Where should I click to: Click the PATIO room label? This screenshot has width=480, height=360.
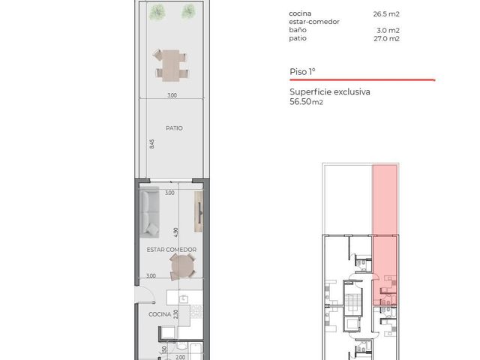click(174, 128)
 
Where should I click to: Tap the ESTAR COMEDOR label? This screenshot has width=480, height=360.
click(172, 250)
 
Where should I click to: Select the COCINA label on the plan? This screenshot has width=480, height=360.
click(160, 314)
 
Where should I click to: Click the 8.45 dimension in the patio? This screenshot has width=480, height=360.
click(152, 144)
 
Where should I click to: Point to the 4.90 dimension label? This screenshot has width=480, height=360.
click(175, 232)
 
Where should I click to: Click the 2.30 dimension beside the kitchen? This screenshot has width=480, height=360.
click(175, 314)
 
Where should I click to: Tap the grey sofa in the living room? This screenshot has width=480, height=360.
click(149, 212)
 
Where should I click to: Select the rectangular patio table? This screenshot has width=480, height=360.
click(171, 65)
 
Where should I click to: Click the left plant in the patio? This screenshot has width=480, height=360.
click(157, 12)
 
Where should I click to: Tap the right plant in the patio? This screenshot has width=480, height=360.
click(188, 12)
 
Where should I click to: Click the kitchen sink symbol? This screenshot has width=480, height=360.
click(183, 298)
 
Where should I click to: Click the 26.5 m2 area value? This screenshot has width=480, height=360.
click(386, 14)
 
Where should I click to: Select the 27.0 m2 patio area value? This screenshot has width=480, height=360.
click(386, 38)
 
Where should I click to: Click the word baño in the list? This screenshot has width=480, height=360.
click(298, 30)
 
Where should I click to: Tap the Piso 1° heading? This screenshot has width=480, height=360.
click(302, 72)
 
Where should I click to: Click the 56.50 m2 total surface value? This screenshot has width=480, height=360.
click(306, 102)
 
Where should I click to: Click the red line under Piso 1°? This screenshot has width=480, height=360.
click(362, 80)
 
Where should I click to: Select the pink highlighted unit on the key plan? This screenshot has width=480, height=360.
click(385, 235)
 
